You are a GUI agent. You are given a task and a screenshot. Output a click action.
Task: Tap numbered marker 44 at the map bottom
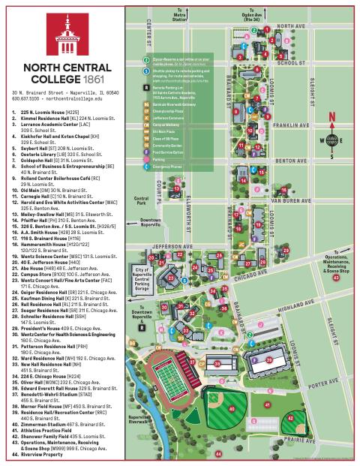tap(219, 454)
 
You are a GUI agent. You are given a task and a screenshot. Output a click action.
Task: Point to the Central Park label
tap(139, 201)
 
